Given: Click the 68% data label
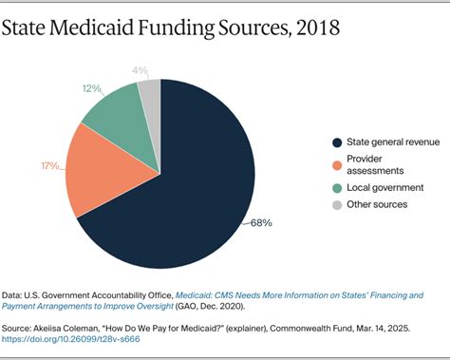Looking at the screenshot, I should (x=261, y=223).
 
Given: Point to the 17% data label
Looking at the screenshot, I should (x=50, y=167).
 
